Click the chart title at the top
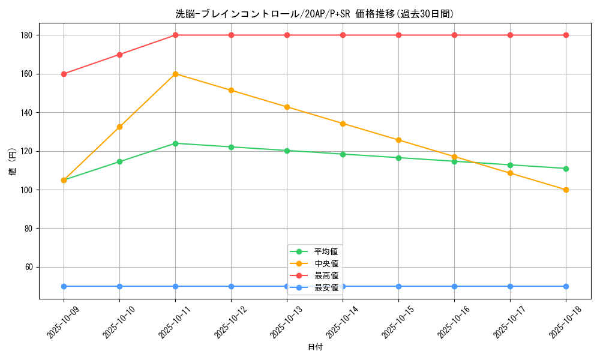314,14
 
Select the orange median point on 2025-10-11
175,74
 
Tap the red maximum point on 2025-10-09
64,74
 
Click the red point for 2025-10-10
119,55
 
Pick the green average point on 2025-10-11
175,143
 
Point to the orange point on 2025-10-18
566,190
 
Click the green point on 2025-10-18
566,169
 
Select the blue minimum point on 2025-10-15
398,286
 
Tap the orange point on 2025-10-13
287,107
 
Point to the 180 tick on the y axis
27,35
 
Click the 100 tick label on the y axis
27,190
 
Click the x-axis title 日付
315,347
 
